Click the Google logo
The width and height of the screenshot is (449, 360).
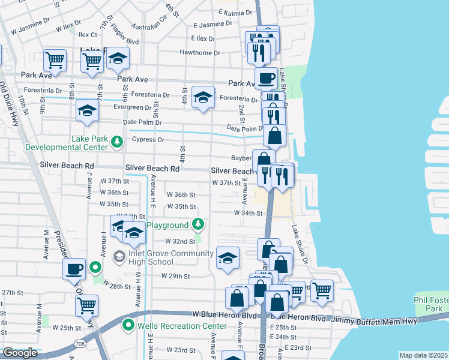pos(20,353)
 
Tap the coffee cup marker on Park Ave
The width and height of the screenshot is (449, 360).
pos(266,77)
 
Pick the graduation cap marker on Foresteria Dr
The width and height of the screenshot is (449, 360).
pos(203,98)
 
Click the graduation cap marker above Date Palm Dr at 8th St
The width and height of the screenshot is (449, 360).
pos(88,111)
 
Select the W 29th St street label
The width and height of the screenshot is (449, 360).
pos(175,277)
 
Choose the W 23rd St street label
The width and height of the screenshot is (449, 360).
pos(181,350)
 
